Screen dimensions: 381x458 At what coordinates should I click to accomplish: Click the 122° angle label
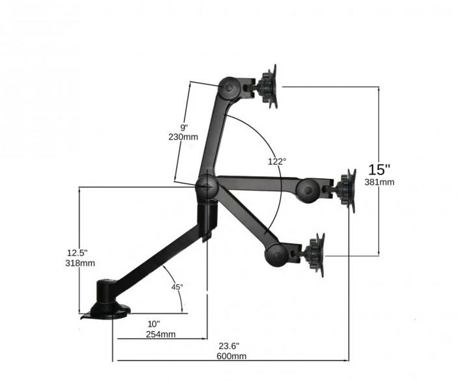(x=277, y=161)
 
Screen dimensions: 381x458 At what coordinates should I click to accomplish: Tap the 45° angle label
(x=177, y=287)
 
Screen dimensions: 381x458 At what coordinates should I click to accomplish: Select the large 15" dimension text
(x=379, y=169)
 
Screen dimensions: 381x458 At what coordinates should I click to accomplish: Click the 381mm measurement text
(x=379, y=182)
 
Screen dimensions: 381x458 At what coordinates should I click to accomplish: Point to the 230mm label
(x=183, y=137)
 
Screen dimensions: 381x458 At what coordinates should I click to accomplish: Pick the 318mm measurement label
(x=80, y=263)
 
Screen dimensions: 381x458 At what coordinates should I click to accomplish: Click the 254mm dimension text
(x=161, y=334)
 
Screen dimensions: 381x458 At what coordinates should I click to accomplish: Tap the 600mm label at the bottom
(x=232, y=356)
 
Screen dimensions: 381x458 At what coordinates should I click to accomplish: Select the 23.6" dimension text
(x=229, y=346)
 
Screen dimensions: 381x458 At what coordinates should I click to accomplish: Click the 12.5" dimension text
(x=77, y=253)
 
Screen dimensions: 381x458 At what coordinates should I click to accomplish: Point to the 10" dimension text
(x=154, y=324)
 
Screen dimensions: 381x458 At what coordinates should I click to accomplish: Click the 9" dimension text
(x=184, y=127)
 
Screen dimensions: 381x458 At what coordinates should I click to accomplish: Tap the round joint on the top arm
(x=229, y=87)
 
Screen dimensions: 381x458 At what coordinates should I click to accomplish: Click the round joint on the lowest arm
(x=276, y=255)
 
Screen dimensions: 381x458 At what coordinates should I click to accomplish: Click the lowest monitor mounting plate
(x=320, y=255)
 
